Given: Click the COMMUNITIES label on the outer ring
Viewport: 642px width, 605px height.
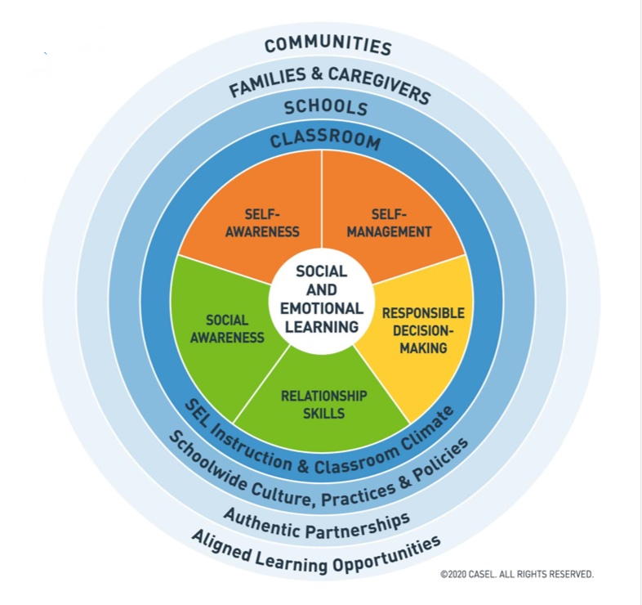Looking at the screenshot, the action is click(328, 44).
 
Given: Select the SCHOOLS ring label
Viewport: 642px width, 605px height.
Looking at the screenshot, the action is click(327, 107).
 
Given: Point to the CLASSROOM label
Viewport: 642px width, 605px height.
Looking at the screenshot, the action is click(325, 138).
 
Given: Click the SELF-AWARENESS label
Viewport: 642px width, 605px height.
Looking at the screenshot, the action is click(262, 223).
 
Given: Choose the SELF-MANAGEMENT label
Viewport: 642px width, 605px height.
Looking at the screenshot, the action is click(389, 223).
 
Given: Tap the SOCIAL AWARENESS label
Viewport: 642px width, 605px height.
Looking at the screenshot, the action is click(227, 329).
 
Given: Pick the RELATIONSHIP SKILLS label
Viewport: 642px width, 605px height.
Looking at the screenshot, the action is click(324, 405).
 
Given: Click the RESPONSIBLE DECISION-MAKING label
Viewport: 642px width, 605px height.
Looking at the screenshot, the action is click(423, 330).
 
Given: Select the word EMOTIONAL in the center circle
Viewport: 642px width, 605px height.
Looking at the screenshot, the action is click(322, 308).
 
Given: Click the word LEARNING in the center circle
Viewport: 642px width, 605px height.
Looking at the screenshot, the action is click(322, 327).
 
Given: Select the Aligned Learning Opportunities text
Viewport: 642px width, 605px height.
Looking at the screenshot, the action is click(316, 554).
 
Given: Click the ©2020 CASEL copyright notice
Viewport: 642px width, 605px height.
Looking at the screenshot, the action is click(517, 574).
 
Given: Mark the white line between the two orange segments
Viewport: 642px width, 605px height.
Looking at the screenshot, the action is click(322, 199).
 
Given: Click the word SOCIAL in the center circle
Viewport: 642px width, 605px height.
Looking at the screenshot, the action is click(322, 271).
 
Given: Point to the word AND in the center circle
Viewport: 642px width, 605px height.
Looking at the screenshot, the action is click(322, 289).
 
